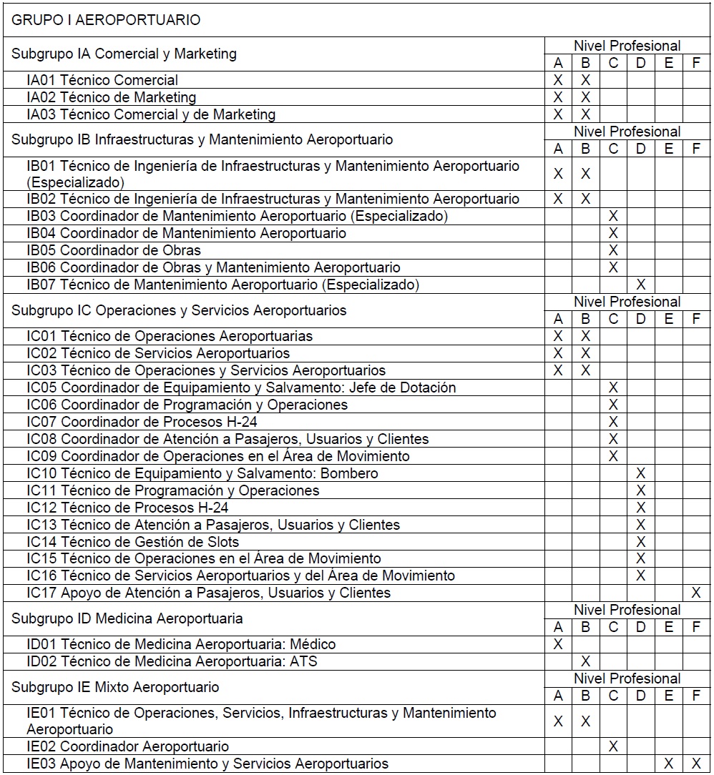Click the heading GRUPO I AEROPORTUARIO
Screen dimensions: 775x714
tap(106, 20)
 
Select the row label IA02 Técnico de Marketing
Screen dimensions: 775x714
tap(111, 97)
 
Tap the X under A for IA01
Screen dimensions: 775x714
tap(559, 80)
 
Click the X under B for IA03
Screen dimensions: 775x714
tap(585, 114)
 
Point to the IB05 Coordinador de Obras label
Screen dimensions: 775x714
tap(114, 250)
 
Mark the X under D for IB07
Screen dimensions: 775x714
tap(641, 285)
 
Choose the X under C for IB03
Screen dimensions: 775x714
tap(613, 216)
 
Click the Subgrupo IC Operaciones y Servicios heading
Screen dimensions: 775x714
tap(179, 310)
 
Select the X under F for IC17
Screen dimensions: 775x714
tap(695, 593)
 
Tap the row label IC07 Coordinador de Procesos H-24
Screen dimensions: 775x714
tap(142, 422)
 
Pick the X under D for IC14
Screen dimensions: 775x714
tap(641, 542)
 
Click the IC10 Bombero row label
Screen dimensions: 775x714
tap(202, 473)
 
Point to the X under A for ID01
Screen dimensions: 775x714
tap(559, 644)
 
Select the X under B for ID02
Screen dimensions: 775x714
tap(585, 661)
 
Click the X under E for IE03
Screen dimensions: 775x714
tap(668, 764)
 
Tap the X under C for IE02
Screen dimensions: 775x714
tap(613, 746)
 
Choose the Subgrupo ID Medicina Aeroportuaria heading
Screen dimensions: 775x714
tap(127, 618)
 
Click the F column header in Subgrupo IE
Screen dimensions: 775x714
tap(695, 696)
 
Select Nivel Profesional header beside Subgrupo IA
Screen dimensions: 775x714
tap(627, 46)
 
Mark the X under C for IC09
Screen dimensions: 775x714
tap(613, 456)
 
